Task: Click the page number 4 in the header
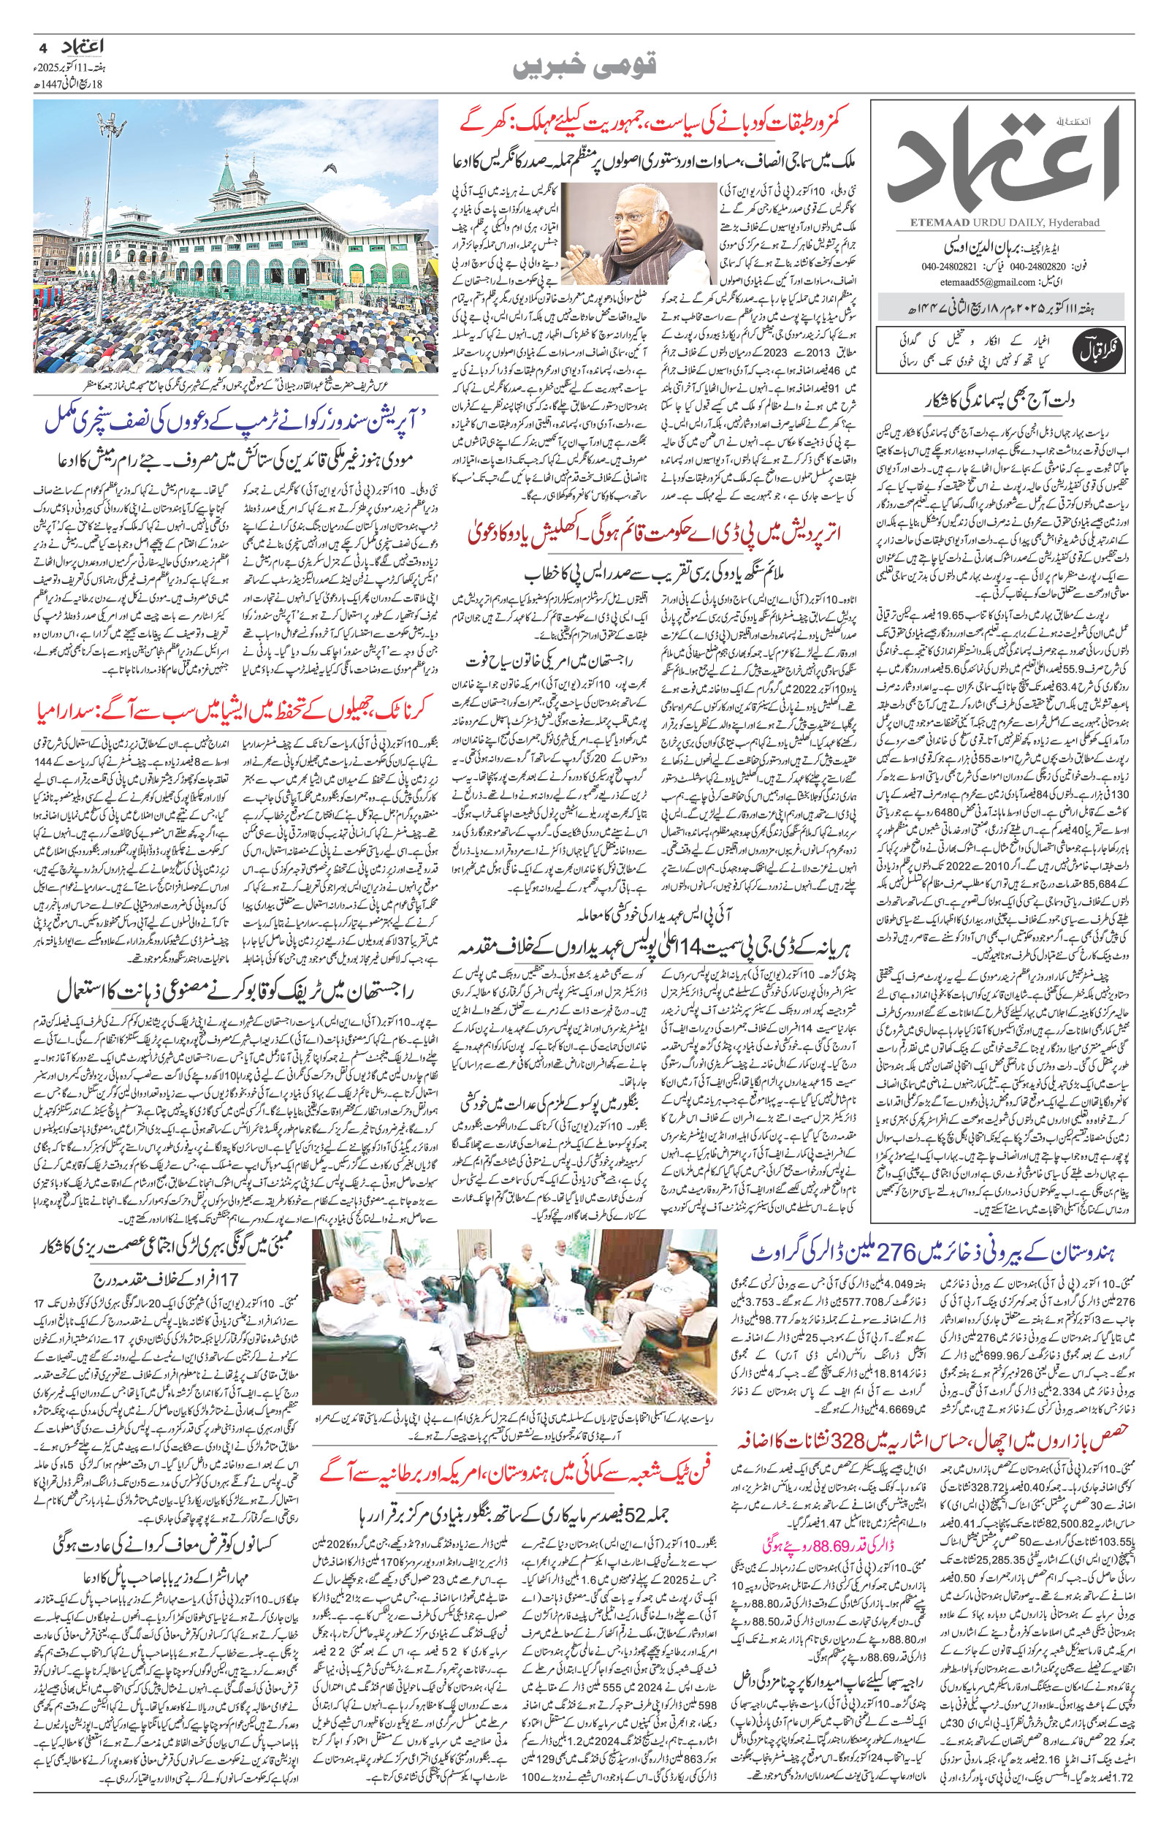[x=42, y=46]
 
